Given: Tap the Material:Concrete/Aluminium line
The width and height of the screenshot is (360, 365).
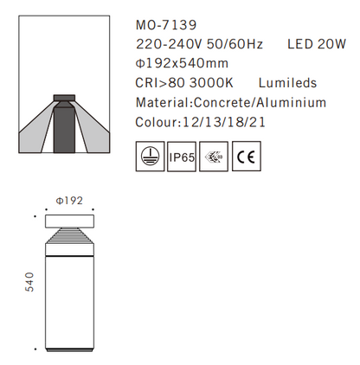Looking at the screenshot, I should [x=231, y=103].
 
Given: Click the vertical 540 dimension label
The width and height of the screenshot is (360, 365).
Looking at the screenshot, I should [x=29, y=284].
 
